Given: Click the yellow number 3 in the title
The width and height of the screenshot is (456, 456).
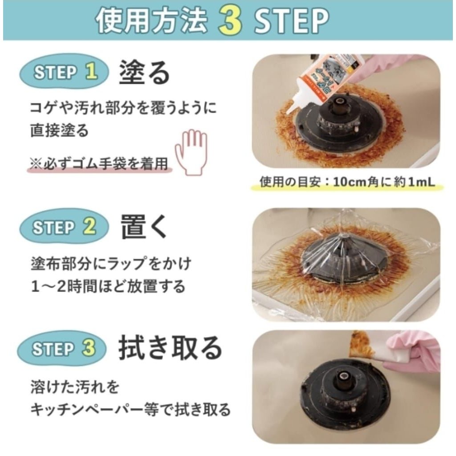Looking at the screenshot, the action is click(230, 20).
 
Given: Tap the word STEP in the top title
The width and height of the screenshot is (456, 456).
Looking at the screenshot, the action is click(292, 20).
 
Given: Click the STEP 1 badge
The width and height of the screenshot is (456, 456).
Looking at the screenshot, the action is click(64, 72).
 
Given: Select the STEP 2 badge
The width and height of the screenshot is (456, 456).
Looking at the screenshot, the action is click(64, 227).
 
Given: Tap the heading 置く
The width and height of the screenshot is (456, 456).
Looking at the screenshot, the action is click(144, 227).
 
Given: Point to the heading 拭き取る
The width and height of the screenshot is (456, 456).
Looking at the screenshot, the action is click(170, 348).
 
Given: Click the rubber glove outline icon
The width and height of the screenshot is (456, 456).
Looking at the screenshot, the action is click(191, 152).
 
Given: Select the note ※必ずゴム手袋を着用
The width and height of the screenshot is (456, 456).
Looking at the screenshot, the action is click(98, 164).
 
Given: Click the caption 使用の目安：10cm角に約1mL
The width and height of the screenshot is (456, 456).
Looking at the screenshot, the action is click(347, 183).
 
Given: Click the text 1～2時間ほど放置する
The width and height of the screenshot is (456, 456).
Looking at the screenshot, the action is click(108, 286).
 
